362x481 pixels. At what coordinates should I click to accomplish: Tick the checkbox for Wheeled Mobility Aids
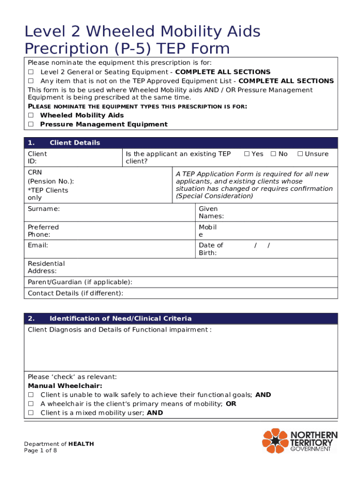coord(31,115)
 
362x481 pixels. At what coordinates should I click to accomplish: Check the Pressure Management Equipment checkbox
coord(31,124)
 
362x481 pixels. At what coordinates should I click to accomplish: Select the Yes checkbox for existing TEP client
coord(246,154)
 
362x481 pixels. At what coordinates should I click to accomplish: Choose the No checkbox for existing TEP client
coord(273,154)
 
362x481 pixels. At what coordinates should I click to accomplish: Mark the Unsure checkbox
coord(299,154)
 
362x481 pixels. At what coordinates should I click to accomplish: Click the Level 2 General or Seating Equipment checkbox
coord(31,72)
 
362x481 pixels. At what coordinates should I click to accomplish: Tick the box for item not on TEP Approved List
coord(31,81)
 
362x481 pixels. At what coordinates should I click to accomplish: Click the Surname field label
coord(44,209)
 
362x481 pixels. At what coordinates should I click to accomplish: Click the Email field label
coord(38,245)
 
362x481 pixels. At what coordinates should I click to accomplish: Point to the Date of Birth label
coord(211,249)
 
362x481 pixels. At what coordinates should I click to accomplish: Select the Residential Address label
coord(46,267)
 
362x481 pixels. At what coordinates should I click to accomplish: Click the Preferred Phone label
coord(43,231)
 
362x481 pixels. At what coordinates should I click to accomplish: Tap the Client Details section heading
coord(75,143)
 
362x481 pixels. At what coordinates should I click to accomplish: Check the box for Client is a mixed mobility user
coord(31,413)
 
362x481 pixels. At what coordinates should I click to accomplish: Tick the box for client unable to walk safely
coord(31,395)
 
